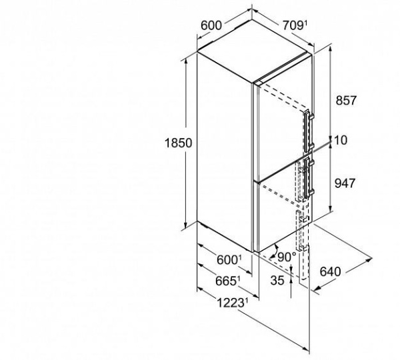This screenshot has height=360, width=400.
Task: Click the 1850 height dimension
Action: coord(178,143)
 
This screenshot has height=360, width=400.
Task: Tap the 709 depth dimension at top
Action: coord(293,25)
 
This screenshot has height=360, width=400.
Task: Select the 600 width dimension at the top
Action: coord(211,25)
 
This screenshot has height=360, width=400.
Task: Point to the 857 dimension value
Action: coord(345,100)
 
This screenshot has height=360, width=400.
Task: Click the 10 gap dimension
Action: coord(341,140)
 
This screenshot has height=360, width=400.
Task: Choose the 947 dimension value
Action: coord(345,183)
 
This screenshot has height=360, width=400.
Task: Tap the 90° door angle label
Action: coord(287,257)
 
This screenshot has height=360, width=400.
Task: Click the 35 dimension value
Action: coord(277,281)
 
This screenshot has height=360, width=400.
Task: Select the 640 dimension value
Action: coord(331,271)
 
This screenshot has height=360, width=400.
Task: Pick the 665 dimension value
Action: coord(226,281)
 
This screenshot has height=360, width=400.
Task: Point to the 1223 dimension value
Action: coord(231,303)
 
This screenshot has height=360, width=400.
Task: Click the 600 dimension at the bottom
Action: coord(227,260)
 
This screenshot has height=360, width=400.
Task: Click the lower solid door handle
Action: coord(309,178)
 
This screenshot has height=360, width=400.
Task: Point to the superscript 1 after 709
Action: coord(305,24)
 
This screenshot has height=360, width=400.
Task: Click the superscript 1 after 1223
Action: coord(246,301)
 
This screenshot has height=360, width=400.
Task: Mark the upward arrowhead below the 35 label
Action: coord(291,280)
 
